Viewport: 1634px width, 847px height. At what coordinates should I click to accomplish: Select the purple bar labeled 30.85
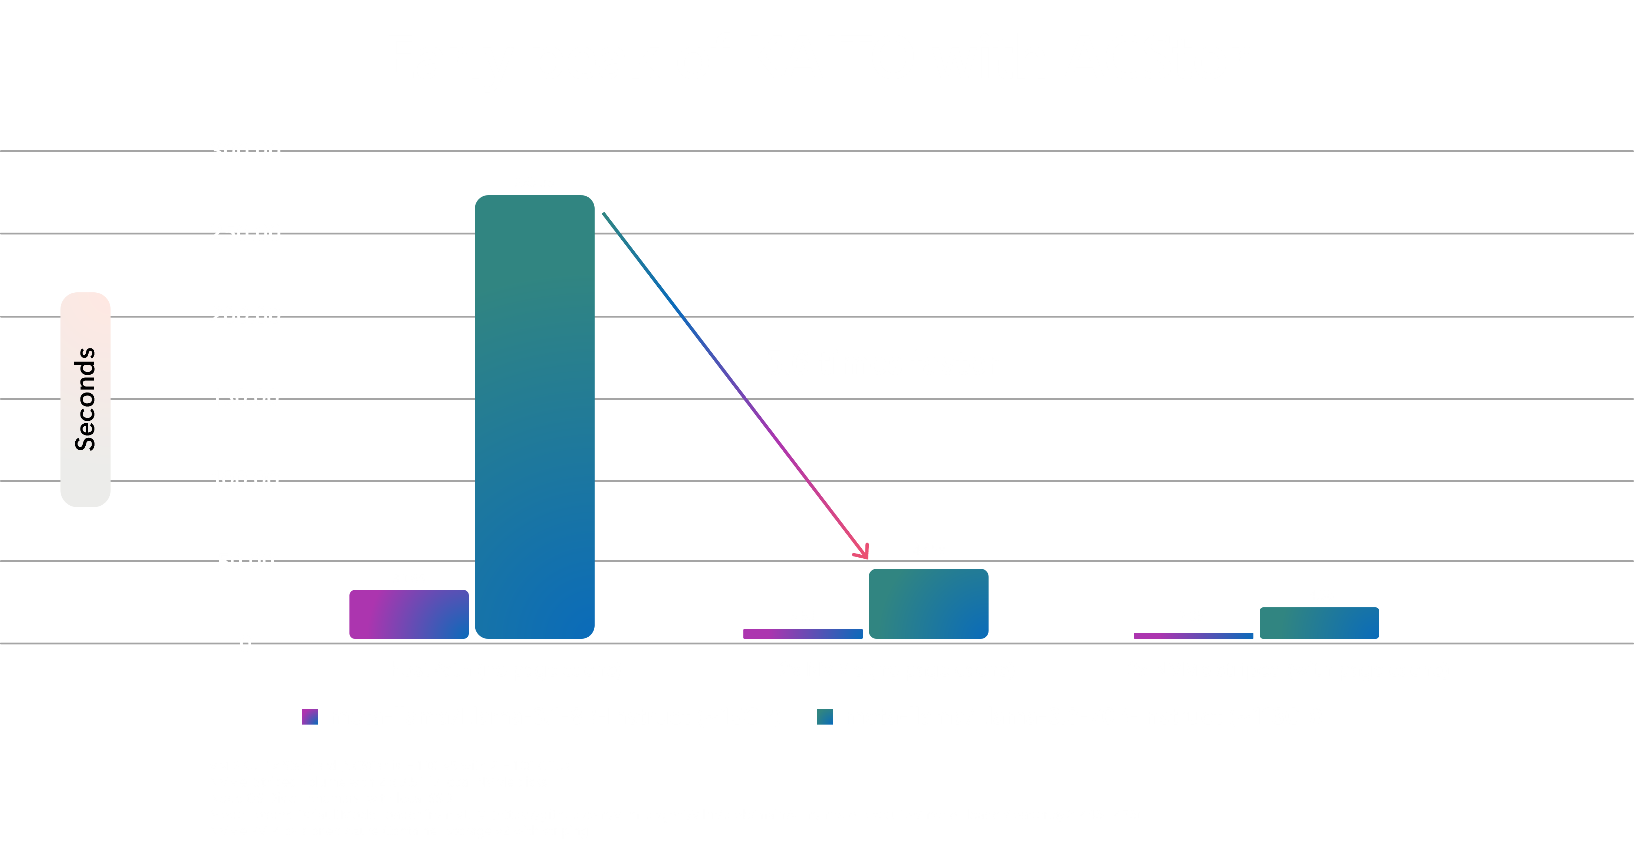[408, 614]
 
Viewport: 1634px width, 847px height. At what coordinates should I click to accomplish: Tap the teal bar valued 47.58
[928, 603]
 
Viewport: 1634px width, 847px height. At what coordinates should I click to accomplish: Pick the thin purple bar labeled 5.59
[802, 633]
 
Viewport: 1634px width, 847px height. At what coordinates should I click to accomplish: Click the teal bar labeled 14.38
[1319, 623]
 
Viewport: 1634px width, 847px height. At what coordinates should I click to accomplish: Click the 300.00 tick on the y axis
[246, 151]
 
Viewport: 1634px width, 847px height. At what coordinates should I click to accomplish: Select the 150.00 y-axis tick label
[245, 398]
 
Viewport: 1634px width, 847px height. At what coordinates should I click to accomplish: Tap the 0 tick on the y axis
[246, 644]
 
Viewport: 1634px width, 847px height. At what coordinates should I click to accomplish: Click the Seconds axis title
[85, 399]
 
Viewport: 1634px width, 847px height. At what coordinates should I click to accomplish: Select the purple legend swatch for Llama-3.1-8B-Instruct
[309, 716]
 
